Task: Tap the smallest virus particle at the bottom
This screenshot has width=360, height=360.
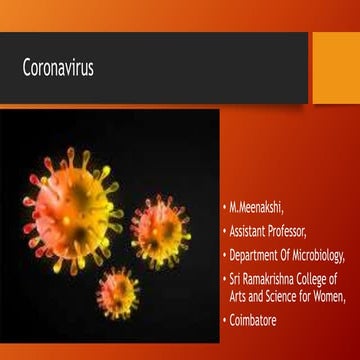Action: click(118, 293)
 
